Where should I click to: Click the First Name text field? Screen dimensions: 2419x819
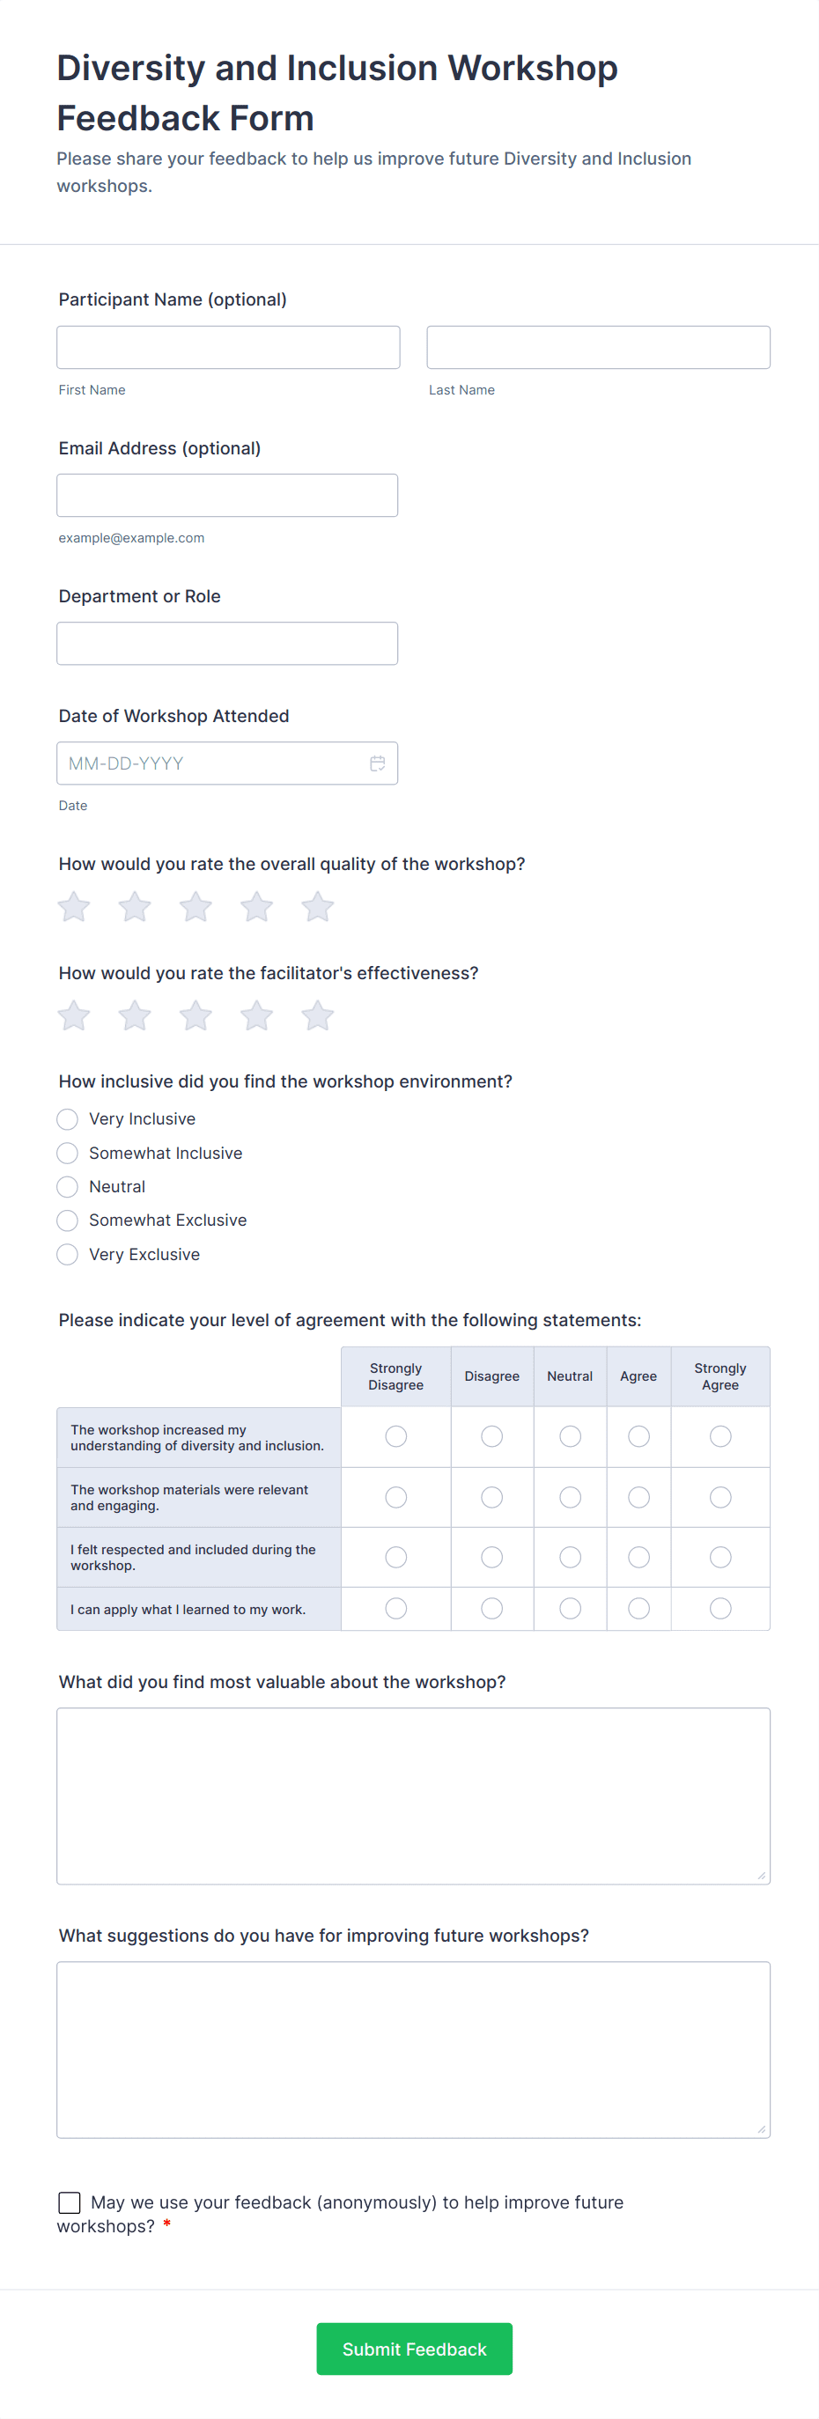point(228,348)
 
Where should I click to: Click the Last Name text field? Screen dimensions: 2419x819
point(598,348)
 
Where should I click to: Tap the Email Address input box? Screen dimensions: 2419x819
point(227,495)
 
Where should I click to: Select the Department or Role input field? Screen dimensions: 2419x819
point(227,643)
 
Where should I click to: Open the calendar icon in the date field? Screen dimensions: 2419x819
point(378,763)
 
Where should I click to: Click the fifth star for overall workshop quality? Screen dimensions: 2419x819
point(317,907)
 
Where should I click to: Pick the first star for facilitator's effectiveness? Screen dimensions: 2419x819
point(74,1016)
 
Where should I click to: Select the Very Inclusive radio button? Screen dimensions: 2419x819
point(68,1119)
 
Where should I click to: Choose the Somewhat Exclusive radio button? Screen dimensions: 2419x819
point(68,1221)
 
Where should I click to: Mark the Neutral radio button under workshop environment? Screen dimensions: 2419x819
point(68,1187)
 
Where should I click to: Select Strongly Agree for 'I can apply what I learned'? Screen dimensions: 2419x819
point(720,1609)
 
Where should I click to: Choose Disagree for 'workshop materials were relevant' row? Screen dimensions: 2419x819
point(491,1497)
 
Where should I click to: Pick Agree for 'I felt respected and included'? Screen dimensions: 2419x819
point(638,1557)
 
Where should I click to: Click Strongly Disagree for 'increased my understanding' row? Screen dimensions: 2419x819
point(396,1437)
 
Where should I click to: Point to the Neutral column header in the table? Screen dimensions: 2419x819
point(570,1376)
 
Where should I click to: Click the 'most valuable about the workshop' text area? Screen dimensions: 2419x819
point(413,1796)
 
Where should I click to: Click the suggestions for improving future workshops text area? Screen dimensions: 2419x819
point(413,2049)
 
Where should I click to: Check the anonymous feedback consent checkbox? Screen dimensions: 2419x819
point(70,2202)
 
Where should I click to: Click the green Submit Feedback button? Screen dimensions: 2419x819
point(414,2349)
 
